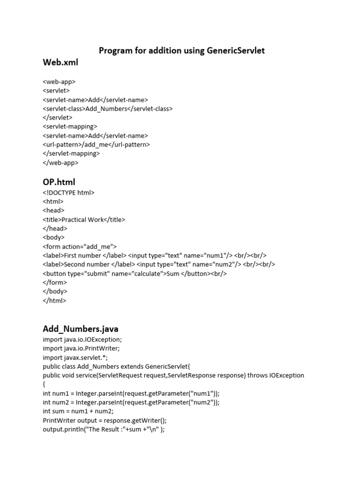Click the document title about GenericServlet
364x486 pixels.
point(182,50)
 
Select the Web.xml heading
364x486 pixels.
point(60,62)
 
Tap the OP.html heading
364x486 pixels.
point(59,182)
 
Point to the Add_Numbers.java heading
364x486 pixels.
point(81,328)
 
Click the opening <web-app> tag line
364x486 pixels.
point(59,82)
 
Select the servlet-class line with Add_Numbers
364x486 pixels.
point(108,109)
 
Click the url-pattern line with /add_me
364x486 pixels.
point(96,145)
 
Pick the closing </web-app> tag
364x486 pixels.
point(61,163)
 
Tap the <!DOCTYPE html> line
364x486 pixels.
point(69,193)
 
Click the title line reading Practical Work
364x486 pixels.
point(84,220)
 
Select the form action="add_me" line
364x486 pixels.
point(80,247)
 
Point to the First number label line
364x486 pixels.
point(155,256)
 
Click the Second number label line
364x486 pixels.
point(159,265)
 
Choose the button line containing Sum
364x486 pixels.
point(135,274)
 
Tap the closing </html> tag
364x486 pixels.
point(55,301)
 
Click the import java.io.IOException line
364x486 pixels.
point(82,340)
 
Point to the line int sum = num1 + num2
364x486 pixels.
point(78,411)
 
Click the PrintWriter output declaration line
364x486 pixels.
point(105,421)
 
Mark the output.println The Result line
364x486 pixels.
point(103,430)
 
